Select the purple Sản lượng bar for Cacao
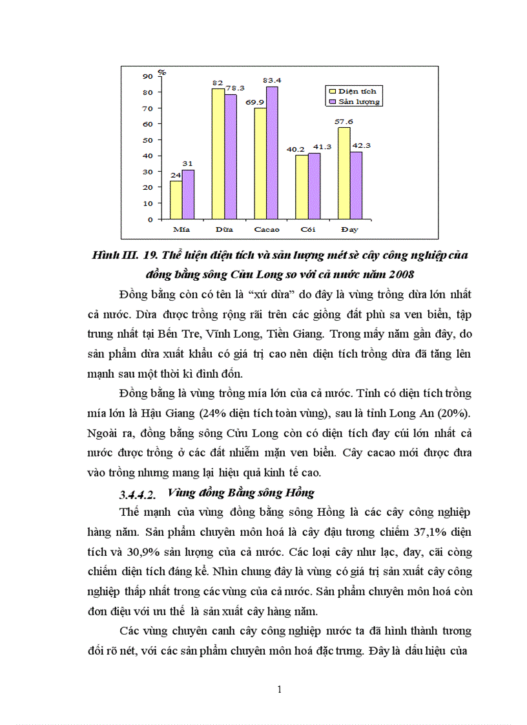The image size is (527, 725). click(x=272, y=153)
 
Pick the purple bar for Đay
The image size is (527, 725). click(x=355, y=185)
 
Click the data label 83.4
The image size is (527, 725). click(x=273, y=80)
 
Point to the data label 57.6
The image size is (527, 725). click(x=344, y=121)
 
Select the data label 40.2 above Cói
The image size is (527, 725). click(x=296, y=149)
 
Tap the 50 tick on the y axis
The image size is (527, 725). click(x=148, y=139)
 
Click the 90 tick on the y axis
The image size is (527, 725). click(x=148, y=76)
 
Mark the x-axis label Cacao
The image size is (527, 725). click(x=267, y=229)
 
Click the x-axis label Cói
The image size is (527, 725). click(x=308, y=229)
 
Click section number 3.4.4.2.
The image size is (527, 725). click(x=138, y=495)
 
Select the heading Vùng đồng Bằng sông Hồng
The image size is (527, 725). click(x=240, y=493)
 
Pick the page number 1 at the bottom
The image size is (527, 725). click(x=279, y=689)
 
